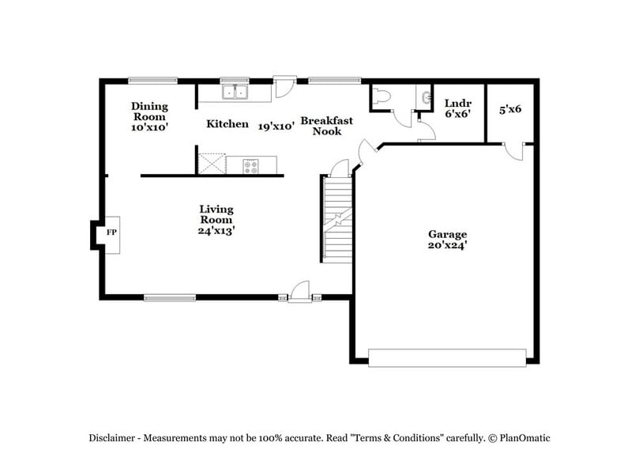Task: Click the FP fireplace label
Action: [111, 232]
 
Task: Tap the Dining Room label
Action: [149, 112]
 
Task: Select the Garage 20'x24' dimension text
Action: [448, 245]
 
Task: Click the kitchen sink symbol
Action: [235, 93]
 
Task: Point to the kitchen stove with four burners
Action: [250, 165]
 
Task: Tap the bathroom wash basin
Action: [427, 98]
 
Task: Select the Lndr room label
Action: [457, 103]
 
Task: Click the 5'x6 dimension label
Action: [509, 109]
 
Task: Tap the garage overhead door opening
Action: [447, 357]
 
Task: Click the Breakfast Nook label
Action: [326, 126]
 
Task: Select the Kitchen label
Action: [227, 124]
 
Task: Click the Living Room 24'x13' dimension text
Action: [216, 231]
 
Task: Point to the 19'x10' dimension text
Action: [276, 125]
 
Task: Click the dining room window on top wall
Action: [153, 79]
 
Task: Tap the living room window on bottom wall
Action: [169, 298]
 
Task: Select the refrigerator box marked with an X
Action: [212, 164]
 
